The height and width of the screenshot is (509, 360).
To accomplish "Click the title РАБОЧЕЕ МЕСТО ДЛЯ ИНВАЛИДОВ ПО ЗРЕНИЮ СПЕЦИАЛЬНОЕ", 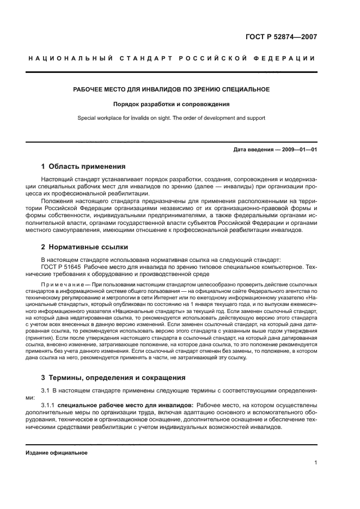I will point(172,89).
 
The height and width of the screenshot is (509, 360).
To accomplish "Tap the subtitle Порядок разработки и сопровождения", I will point(172,103).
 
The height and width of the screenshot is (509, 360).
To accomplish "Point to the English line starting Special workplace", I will point(172,117).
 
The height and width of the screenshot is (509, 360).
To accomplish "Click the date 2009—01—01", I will point(298,149).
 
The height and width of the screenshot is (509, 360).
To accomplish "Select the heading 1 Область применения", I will point(84,166).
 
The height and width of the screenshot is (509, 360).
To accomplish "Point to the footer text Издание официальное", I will point(57,452).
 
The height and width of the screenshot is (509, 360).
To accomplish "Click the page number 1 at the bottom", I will point(315,463).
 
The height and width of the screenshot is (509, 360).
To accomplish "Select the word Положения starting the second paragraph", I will point(58,201).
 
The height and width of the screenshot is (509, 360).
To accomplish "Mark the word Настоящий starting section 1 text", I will point(59,180).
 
